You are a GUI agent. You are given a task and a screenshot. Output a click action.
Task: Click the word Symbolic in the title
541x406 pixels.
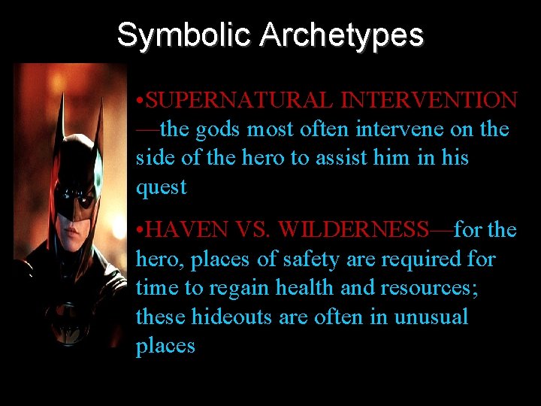pos(184,35)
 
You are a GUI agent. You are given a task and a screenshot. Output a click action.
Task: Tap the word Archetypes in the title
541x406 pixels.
pos(342,35)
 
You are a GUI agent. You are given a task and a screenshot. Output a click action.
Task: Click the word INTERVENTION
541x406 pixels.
pos(429,100)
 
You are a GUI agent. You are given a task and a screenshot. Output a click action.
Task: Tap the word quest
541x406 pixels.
pos(161,188)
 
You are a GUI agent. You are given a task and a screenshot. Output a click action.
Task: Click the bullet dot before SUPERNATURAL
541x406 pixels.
pos(140,100)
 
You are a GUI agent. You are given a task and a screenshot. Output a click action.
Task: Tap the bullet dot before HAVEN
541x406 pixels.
pos(140,230)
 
